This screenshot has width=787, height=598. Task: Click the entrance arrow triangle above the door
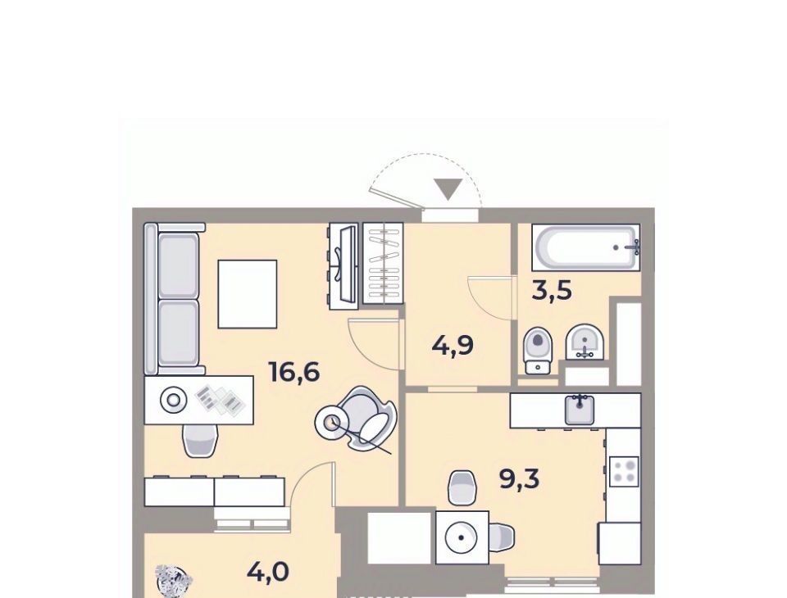[x=448, y=189]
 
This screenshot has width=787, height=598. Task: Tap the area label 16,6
[x=294, y=372]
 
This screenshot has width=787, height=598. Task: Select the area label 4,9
[x=453, y=346]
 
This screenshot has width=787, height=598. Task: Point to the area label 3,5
[x=552, y=290]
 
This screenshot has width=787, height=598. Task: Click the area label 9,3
[x=519, y=479]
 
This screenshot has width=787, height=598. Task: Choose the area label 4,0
[x=268, y=572]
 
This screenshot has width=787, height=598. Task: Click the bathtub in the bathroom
[x=585, y=247]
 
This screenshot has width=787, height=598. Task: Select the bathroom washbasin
[x=585, y=342]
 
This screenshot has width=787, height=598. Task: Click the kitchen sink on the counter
[x=580, y=410]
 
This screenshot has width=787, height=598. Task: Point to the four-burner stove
[x=623, y=472]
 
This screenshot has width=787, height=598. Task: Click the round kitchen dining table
[x=462, y=537]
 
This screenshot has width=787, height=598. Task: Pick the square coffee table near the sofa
[x=248, y=294]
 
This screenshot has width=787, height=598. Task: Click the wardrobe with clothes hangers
[x=383, y=264]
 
